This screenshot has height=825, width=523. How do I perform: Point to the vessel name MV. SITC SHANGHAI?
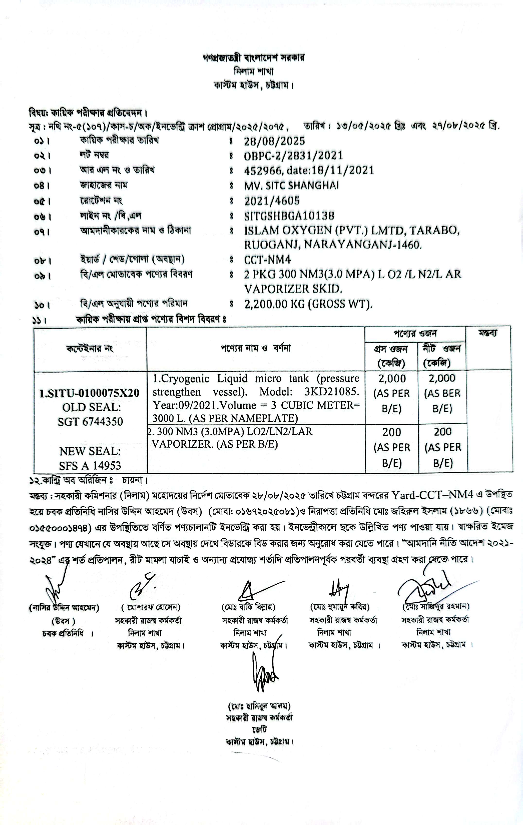point(291,186)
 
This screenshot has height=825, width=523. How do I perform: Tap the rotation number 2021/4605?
point(272,201)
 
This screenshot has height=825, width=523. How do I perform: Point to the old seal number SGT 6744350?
point(90,421)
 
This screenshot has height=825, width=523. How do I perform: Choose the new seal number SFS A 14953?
point(90,465)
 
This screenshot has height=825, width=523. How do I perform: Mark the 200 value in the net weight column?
point(443,432)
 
